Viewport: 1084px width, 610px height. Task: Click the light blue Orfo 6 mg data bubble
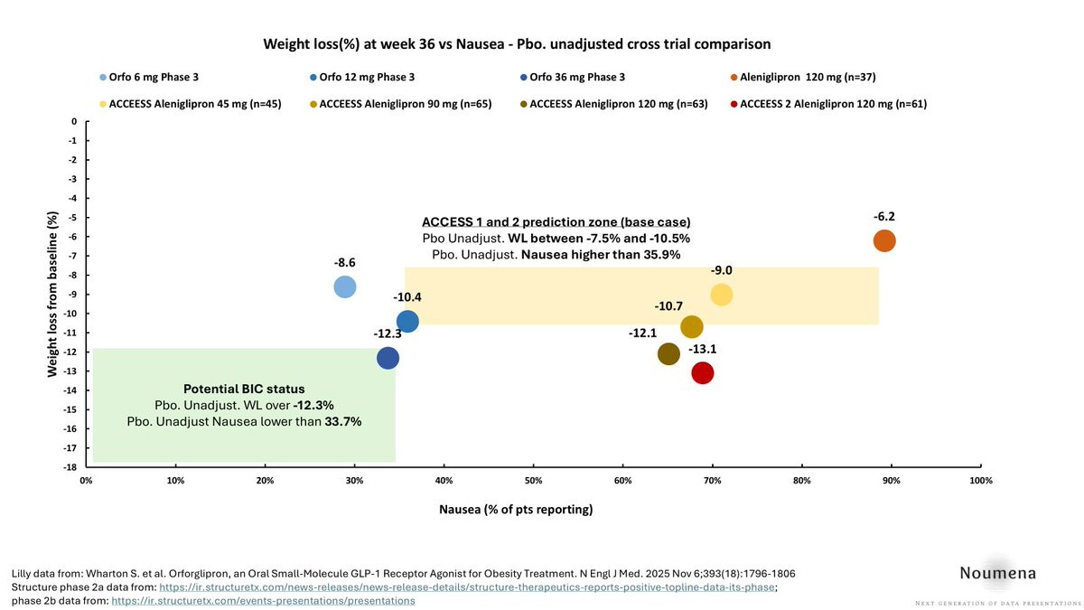pos(344,286)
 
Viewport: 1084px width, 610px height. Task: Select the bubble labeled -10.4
pos(407,321)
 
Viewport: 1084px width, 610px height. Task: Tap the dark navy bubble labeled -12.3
pos(388,358)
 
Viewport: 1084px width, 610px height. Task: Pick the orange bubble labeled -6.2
pos(884,240)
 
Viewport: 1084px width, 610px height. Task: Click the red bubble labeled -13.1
pos(702,372)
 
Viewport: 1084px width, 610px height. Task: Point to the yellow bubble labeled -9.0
pos(721,294)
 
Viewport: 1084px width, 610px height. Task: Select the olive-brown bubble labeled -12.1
pos(668,354)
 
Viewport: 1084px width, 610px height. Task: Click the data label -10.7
pos(670,306)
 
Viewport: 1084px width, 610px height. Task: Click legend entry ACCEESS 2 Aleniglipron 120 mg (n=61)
pos(832,104)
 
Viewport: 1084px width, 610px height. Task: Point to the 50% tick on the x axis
pos(534,481)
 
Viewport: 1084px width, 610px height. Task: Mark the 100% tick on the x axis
pos(980,481)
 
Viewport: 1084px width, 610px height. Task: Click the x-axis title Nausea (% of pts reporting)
pos(516,510)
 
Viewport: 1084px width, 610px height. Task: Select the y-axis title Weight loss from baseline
pos(52,294)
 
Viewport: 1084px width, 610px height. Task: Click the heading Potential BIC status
pos(244,389)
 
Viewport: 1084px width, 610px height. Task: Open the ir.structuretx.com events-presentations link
pos(263,599)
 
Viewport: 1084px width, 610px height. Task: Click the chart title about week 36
pos(517,43)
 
